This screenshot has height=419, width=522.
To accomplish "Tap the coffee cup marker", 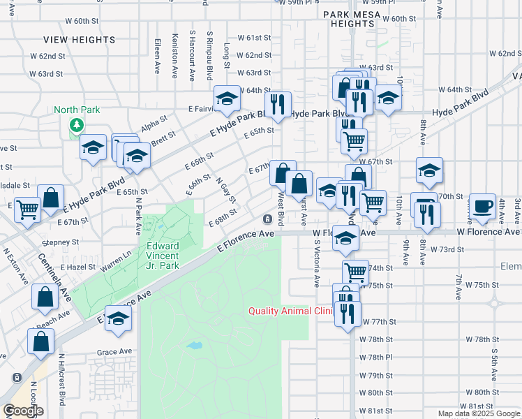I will click(x=482, y=206).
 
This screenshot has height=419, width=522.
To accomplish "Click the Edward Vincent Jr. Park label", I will click(x=163, y=256).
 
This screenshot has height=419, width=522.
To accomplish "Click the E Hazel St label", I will click(x=77, y=267).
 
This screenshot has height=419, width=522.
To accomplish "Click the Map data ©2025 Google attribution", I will click(x=479, y=413).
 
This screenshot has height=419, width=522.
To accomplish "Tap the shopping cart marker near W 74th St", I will click(x=355, y=272).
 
